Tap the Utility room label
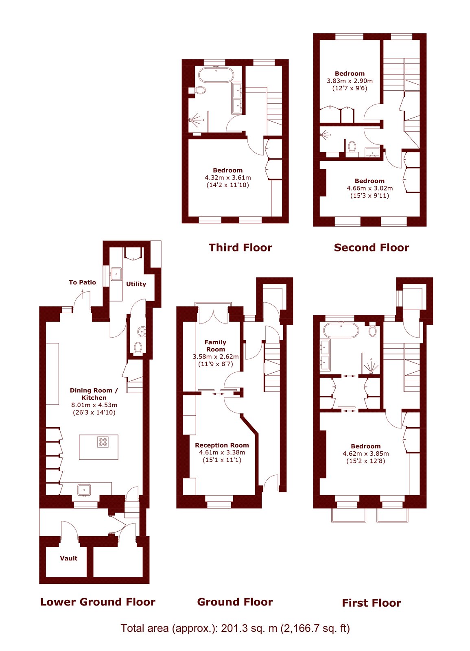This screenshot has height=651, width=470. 136,284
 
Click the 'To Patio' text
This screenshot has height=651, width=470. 82,282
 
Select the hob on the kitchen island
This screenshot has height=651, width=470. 103,442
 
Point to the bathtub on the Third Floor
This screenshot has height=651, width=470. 216,75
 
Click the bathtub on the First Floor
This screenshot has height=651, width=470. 341,330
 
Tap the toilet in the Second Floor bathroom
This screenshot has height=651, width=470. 352,146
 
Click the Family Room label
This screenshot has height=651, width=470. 215,345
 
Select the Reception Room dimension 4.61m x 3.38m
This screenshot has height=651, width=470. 222,452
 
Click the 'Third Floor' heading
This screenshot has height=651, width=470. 240,248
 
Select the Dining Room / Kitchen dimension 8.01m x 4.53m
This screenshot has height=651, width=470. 94,405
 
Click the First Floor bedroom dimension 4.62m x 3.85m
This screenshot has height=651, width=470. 366,453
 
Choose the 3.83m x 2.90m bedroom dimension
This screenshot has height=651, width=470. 350,81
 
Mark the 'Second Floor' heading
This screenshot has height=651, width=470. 372,248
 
